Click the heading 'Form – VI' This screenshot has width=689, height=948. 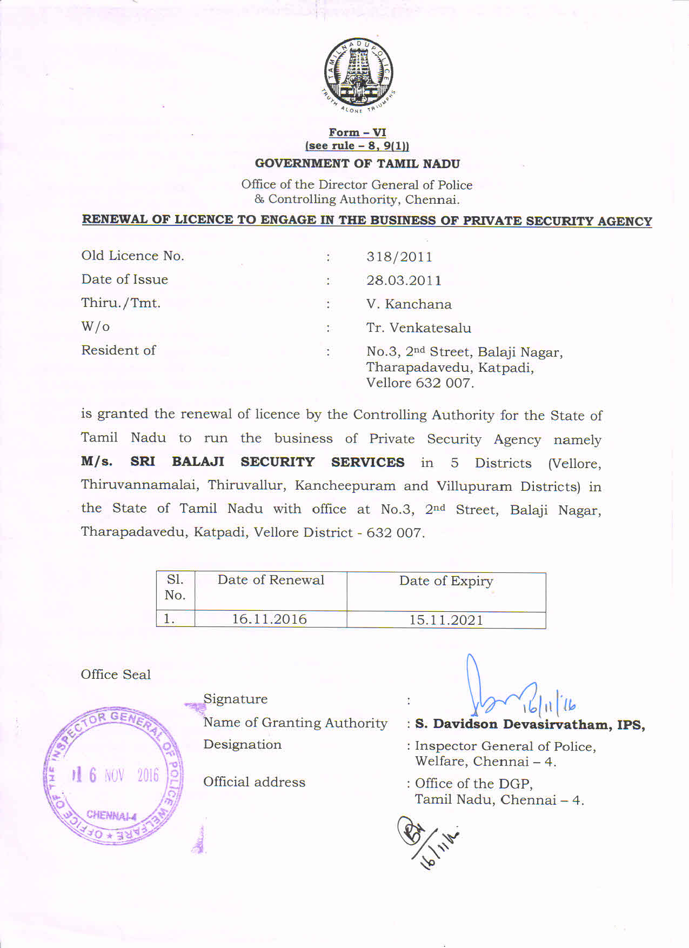pyautogui.click(x=357, y=132)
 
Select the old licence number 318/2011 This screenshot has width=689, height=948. pyautogui.click(x=399, y=257)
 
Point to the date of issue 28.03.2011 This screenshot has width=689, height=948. pyautogui.click(x=404, y=281)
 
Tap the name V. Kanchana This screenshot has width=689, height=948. pyautogui.click(x=409, y=304)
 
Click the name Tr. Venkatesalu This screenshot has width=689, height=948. pyautogui.click(x=418, y=328)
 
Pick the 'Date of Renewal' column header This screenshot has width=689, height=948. pyautogui.click(x=271, y=580)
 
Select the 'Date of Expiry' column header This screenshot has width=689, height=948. pyautogui.click(x=446, y=582)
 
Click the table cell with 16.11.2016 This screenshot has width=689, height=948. pyautogui.click(x=270, y=619)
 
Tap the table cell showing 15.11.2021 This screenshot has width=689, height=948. pyautogui.click(x=446, y=620)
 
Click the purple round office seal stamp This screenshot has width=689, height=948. pyautogui.click(x=113, y=776)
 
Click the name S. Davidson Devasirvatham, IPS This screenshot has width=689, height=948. pyautogui.click(x=530, y=725)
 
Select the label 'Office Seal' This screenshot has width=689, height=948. pyautogui.click(x=116, y=675)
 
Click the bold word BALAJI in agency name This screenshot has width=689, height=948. pyautogui.click(x=198, y=462)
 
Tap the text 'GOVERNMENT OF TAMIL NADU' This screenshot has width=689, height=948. pyautogui.click(x=357, y=164)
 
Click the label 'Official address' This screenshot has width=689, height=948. pyautogui.click(x=254, y=782)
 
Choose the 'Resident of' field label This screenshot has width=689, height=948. pyautogui.click(x=118, y=350)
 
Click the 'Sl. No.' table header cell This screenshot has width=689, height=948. pyautogui.click(x=175, y=588)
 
